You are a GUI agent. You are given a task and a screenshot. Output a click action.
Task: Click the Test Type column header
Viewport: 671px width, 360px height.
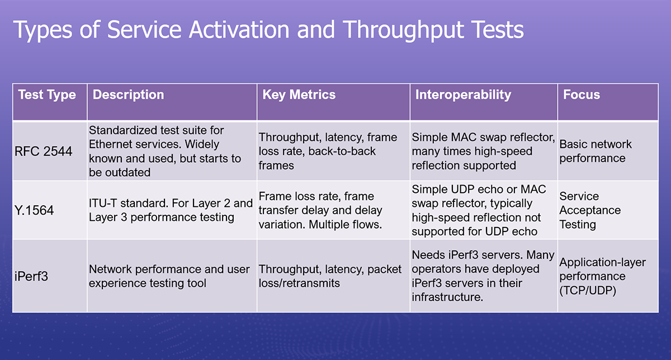point(47,94)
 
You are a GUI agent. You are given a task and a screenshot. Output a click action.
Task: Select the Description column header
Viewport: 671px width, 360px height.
point(128,94)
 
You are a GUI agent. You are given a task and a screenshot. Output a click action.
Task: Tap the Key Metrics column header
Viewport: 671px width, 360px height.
point(299,94)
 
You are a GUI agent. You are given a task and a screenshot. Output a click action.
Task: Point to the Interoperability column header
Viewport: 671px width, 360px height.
point(462,94)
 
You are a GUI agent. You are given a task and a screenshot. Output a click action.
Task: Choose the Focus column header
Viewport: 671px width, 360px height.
point(581,94)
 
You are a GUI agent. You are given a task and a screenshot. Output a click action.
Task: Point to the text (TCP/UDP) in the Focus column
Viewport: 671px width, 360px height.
point(588,291)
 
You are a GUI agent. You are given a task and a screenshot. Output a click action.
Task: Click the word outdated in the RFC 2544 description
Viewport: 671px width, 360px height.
point(120,173)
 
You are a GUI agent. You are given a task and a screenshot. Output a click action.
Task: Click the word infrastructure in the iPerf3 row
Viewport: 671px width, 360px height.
point(447,297)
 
